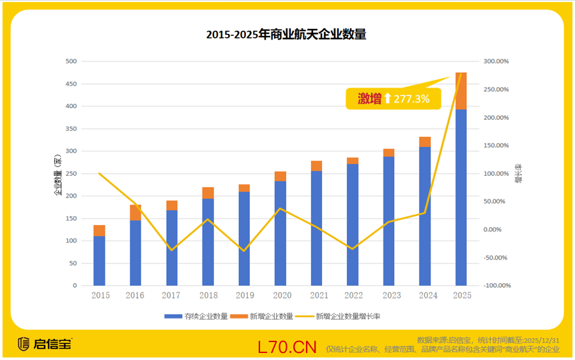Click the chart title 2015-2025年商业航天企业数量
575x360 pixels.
point(286,35)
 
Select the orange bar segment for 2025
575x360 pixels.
point(461,91)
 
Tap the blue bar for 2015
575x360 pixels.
point(99,260)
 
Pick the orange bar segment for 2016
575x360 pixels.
point(135,212)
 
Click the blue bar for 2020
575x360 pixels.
point(280,233)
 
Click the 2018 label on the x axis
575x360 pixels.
point(208,295)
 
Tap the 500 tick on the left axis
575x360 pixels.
point(71,61)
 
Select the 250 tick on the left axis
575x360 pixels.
point(71,173)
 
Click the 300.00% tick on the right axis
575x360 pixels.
point(496,61)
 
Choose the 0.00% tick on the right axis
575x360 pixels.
point(496,230)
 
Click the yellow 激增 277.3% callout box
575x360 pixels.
point(393,98)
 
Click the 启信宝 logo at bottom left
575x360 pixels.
point(44,343)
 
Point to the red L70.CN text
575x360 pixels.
point(287,347)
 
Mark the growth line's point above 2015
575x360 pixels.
point(99,173)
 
